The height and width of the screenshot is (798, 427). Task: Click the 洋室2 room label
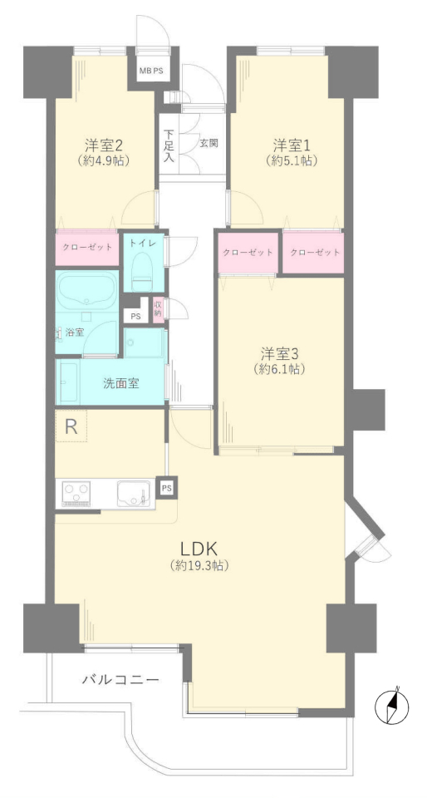(x=103, y=146)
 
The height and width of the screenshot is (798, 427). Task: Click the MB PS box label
(x=151, y=71)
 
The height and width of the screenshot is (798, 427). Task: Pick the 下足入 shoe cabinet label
(x=169, y=146)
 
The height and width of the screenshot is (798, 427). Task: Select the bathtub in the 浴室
(x=86, y=291)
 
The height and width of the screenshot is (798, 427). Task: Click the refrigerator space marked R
(x=71, y=426)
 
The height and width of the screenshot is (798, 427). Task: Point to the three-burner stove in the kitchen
(x=76, y=494)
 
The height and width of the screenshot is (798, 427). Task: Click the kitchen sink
(x=134, y=493)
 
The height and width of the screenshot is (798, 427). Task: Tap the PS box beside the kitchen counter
(x=166, y=488)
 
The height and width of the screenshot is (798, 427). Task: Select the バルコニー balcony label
(x=121, y=679)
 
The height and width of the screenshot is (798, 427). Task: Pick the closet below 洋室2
(x=87, y=248)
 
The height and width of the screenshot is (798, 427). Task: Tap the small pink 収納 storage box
(x=158, y=309)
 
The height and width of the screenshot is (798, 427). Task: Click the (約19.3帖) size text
(x=199, y=564)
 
